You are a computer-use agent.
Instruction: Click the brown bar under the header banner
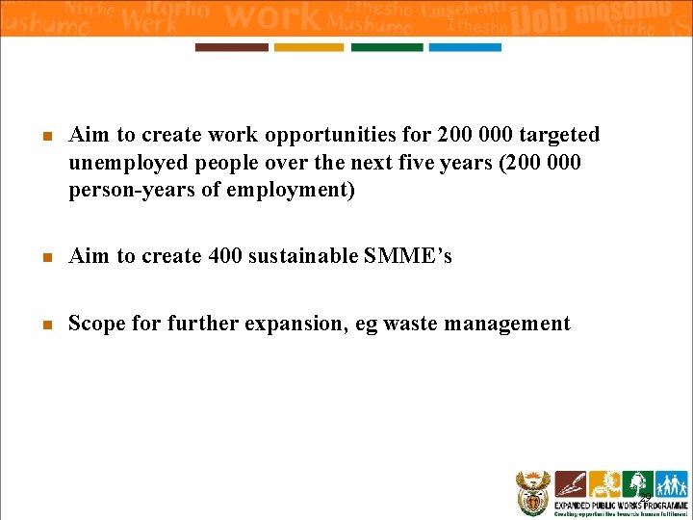pyautogui.click(x=231, y=47)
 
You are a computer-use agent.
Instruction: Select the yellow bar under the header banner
pyautogui.click(x=309, y=47)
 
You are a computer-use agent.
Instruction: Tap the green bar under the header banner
pyautogui.click(x=387, y=47)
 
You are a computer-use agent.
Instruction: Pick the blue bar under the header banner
pyautogui.click(x=465, y=47)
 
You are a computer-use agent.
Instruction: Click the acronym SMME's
pyautogui.click(x=408, y=256)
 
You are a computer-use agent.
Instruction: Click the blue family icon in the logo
pyautogui.click(x=670, y=484)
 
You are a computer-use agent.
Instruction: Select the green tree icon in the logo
pyautogui.click(x=637, y=484)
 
